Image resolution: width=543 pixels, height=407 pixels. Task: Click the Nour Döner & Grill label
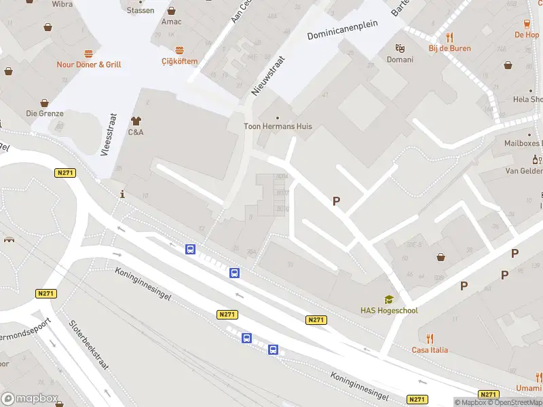(x=89, y=64)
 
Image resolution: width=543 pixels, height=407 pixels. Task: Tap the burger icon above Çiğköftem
(x=179, y=50)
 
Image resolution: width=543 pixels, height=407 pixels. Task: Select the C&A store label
(x=136, y=132)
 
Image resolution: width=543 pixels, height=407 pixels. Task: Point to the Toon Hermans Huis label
(x=278, y=126)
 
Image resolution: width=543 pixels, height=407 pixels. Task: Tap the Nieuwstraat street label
(x=268, y=75)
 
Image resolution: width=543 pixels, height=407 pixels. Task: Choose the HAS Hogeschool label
(x=389, y=311)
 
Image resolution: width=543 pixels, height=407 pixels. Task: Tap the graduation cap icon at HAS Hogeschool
(x=389, y=299)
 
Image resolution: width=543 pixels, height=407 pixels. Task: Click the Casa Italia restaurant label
(x=430, y=350)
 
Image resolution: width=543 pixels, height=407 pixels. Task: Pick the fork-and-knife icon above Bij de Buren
(x=449, y=37)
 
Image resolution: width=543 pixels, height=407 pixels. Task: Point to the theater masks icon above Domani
(x=400, y=48)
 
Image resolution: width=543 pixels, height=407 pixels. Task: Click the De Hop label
(x=527, y=35)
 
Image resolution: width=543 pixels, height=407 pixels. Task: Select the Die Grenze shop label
(x=45, y=113)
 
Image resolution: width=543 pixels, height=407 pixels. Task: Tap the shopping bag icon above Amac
(x=171, y=11)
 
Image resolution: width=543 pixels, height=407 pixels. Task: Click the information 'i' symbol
(x=122, y=195)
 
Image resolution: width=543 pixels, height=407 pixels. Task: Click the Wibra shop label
(x=62, y=4)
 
